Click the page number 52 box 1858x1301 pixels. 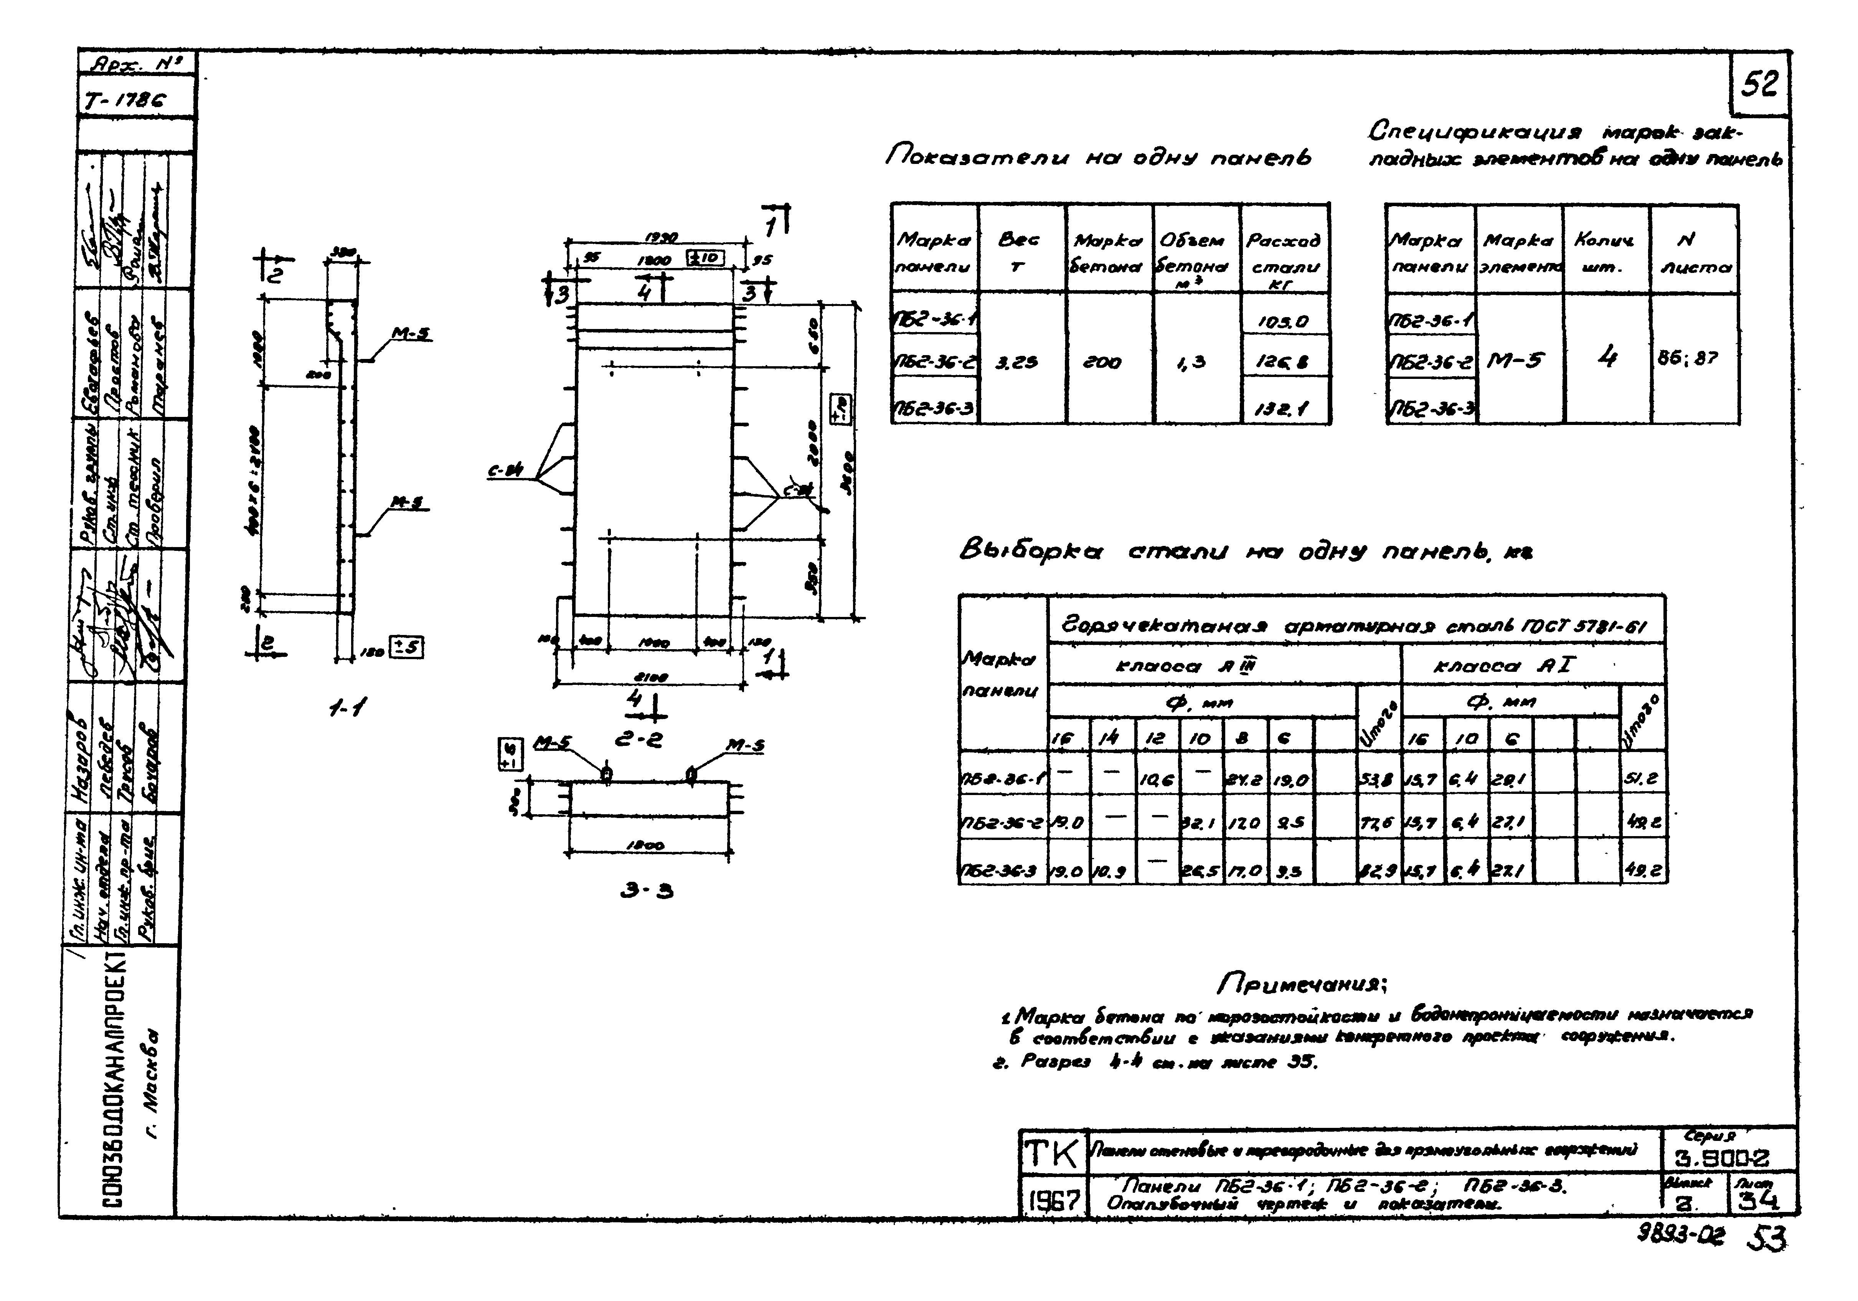coord(1759,84)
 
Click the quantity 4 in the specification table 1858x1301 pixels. coord(1606,357)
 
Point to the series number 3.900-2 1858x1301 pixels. coord(1727,1158)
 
